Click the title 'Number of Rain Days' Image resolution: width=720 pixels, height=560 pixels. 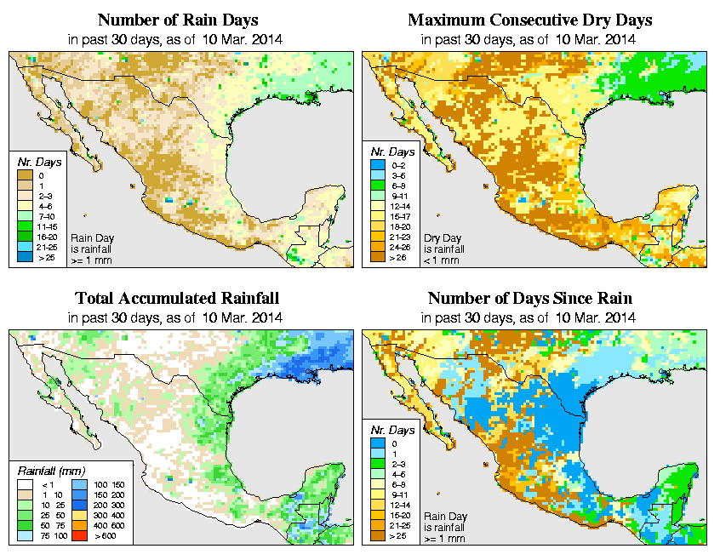point(177,20)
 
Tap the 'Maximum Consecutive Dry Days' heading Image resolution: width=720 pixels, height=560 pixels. point(530,20)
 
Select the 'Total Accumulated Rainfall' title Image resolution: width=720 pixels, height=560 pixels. point(177,298)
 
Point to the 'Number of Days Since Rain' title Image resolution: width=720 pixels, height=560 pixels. point(530,298)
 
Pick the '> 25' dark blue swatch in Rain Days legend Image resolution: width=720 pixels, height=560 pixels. point(22,255)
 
